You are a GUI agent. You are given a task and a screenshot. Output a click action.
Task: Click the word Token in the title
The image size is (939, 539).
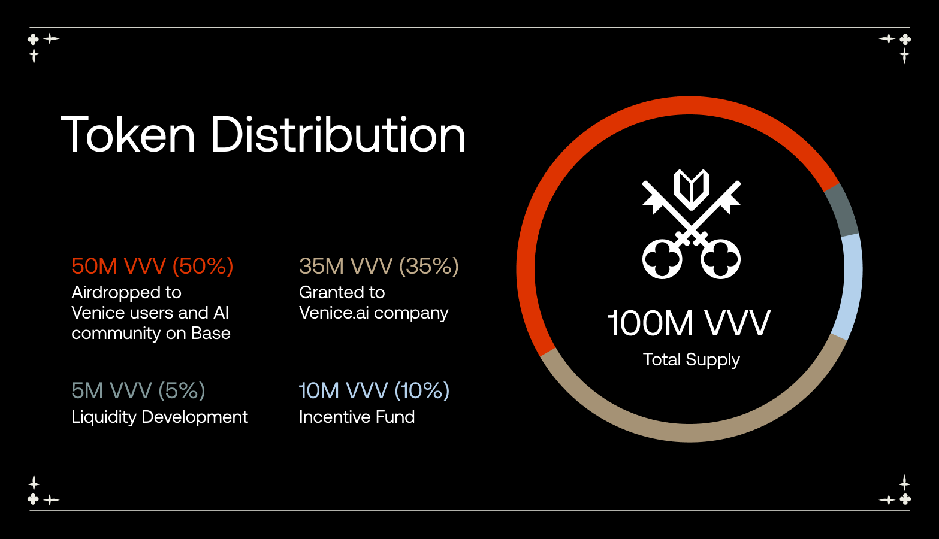128,135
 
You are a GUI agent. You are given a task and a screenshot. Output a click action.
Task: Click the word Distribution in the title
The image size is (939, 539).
338,134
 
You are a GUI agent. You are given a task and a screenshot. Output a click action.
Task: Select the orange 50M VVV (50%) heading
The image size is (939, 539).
152,265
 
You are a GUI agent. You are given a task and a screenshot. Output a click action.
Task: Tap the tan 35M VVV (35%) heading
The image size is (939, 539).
379,265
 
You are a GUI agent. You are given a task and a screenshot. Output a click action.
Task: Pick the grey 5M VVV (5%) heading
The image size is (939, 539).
138,390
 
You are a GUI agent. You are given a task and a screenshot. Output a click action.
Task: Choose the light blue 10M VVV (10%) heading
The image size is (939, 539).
374,390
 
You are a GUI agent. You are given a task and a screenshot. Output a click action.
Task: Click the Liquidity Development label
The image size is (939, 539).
160,417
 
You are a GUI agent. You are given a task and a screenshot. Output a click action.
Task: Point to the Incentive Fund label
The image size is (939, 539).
357,417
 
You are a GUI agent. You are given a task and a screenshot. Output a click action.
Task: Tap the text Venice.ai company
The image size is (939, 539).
373,313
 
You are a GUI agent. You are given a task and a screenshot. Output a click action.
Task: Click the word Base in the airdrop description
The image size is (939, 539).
211,334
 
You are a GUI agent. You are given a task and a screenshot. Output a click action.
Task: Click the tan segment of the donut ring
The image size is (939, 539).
689,432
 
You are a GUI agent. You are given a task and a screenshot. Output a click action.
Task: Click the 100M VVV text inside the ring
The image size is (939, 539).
689,323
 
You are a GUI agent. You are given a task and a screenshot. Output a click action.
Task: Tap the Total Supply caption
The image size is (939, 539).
692,360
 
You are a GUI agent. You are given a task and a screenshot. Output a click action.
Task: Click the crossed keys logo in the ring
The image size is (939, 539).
692,223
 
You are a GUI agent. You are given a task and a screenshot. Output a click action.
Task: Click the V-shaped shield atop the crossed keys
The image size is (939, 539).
692,189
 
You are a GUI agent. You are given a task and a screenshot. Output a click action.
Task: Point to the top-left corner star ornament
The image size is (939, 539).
43,47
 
